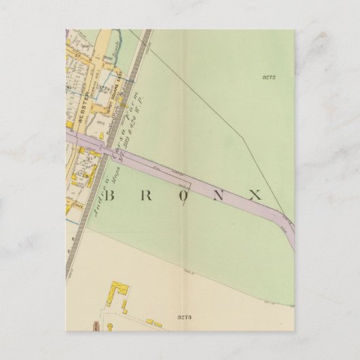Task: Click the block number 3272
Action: tap(268, 78)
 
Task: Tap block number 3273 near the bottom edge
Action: tap(184, 317)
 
